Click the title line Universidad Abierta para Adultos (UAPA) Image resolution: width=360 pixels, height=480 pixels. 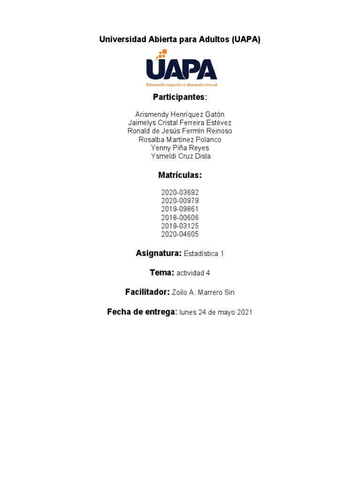tap(180, 40)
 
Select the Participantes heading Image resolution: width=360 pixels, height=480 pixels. tap(179, 97)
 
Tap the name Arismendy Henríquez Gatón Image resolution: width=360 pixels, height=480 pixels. tap(180, 114)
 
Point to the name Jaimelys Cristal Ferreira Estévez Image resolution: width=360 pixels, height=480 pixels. tap(180, 123)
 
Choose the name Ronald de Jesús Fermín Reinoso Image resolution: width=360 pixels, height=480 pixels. tap(180, 131)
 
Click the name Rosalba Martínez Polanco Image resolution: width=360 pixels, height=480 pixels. tap(180, 140)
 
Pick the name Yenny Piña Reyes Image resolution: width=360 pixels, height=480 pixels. tap(180, 148)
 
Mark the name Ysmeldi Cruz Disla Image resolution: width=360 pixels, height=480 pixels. tap(180, 157)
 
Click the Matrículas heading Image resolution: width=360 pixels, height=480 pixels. tap(180, 175)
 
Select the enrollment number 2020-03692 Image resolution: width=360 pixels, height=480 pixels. tap(180, 193)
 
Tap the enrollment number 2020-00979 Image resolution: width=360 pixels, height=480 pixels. tap(180, 201)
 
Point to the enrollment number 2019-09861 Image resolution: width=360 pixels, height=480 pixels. tap(180, 209)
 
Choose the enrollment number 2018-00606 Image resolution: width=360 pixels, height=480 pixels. tap(180, 217)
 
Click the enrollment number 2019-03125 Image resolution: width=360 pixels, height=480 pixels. tap(180, 226)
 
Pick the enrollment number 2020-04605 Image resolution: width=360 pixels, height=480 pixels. tap(180, 234)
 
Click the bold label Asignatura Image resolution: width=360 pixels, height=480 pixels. tap(158, 254)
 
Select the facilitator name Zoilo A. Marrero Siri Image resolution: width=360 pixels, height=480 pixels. tap(203, 292)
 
